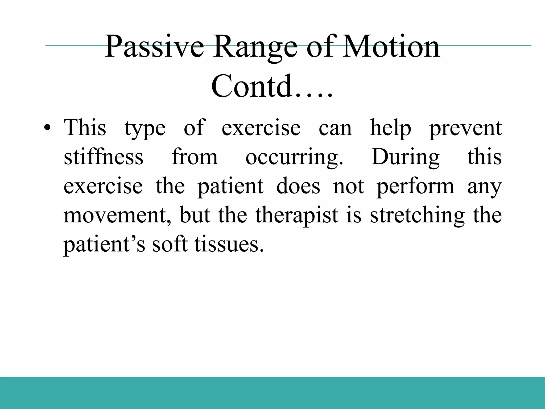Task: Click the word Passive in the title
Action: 154,47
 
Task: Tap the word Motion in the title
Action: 391,47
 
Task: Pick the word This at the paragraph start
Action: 85,128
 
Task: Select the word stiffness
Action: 104,157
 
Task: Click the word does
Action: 298,186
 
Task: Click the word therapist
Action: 297,216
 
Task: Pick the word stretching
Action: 417,216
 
